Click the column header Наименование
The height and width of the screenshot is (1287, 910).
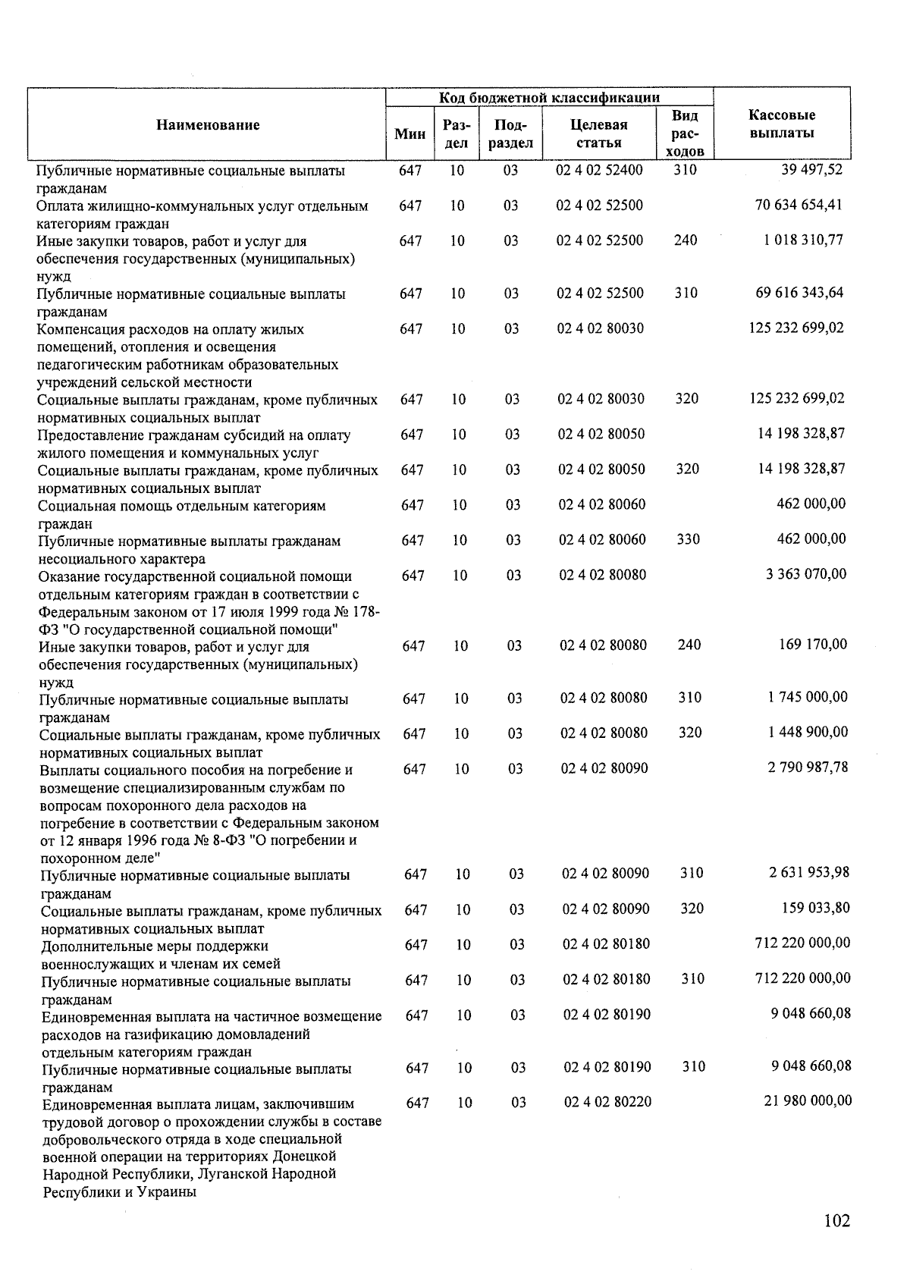[208, 125]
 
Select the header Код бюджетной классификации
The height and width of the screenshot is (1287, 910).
[549, 97]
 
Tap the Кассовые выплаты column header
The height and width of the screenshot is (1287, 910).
[781, 124]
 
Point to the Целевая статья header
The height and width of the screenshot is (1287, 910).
[598, 133]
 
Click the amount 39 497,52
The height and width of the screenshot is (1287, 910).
[811, 170]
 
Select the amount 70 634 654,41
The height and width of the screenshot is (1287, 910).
[799, 205]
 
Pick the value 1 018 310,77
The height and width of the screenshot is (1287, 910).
[803, 240]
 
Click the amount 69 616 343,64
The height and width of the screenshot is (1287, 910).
[799, 293]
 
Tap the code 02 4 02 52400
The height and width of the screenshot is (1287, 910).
[599, 170]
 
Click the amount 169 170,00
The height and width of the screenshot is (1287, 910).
[813, 645]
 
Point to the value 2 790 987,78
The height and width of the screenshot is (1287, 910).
[808, 767]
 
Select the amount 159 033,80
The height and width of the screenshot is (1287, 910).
[816, 908]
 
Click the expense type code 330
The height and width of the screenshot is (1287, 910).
[687, 539]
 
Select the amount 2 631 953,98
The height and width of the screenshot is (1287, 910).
[809, 872]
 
